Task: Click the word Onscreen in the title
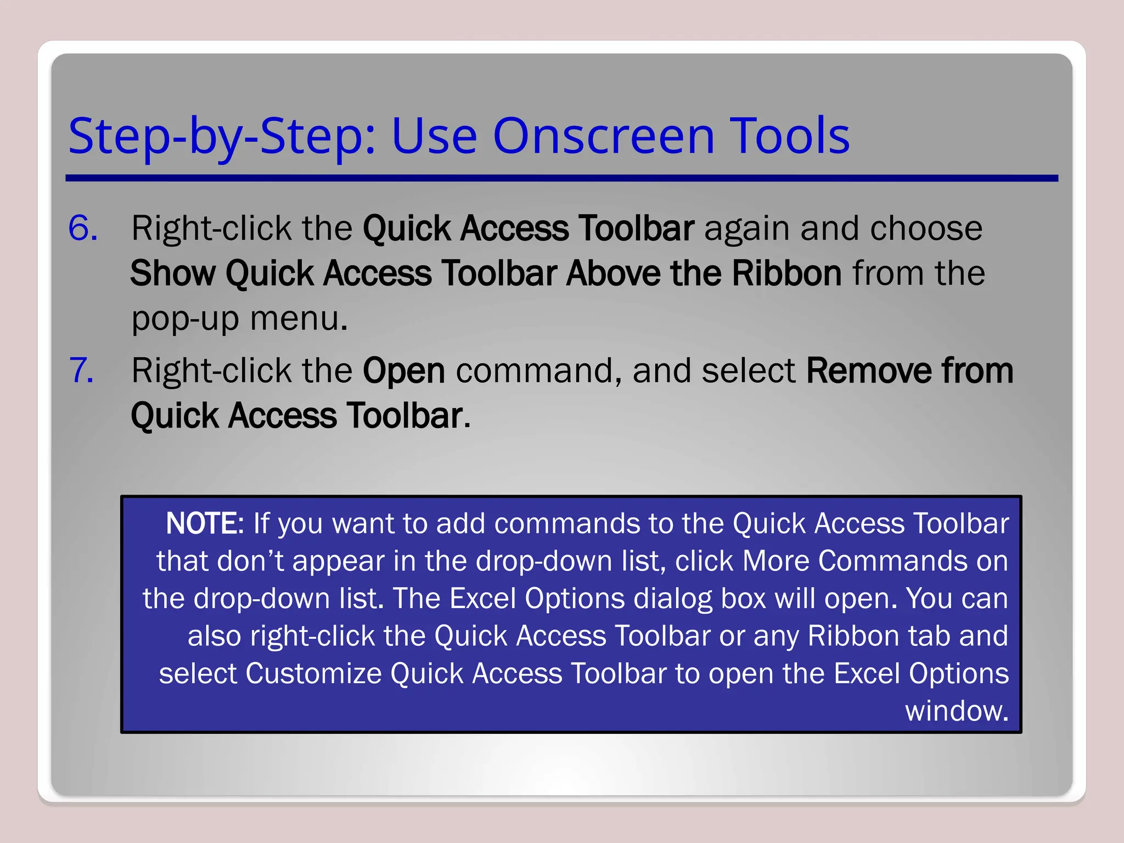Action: pyautogui.click(x=604, y=136)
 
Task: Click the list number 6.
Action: pyautogui.click(x=82, y=228)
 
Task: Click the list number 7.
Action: pyautogui.click(x=81, y=370)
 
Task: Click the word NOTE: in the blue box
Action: pyautogui.click(x=204, y=524)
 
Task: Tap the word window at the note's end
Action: pyautogui.click(x=956, y=711)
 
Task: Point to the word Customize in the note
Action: pyautogui.click(x=313, y=674)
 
